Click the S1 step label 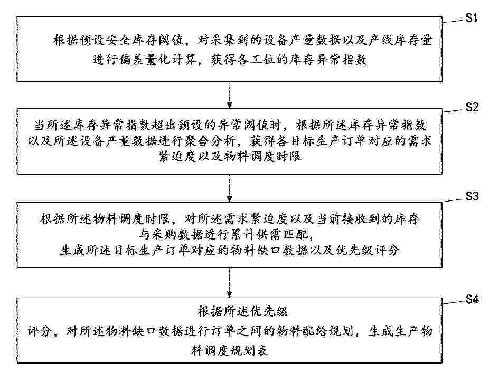[x=472, y=18]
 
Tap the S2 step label [x=472, y=107]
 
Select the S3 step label [x=472, y=196]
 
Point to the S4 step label [x=472, y=299]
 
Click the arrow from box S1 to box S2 [x=230, y=95]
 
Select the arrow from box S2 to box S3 [x=230, y=188]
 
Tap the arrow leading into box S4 [x=230, y=282]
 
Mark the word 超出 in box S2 [x=164, y=125]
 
